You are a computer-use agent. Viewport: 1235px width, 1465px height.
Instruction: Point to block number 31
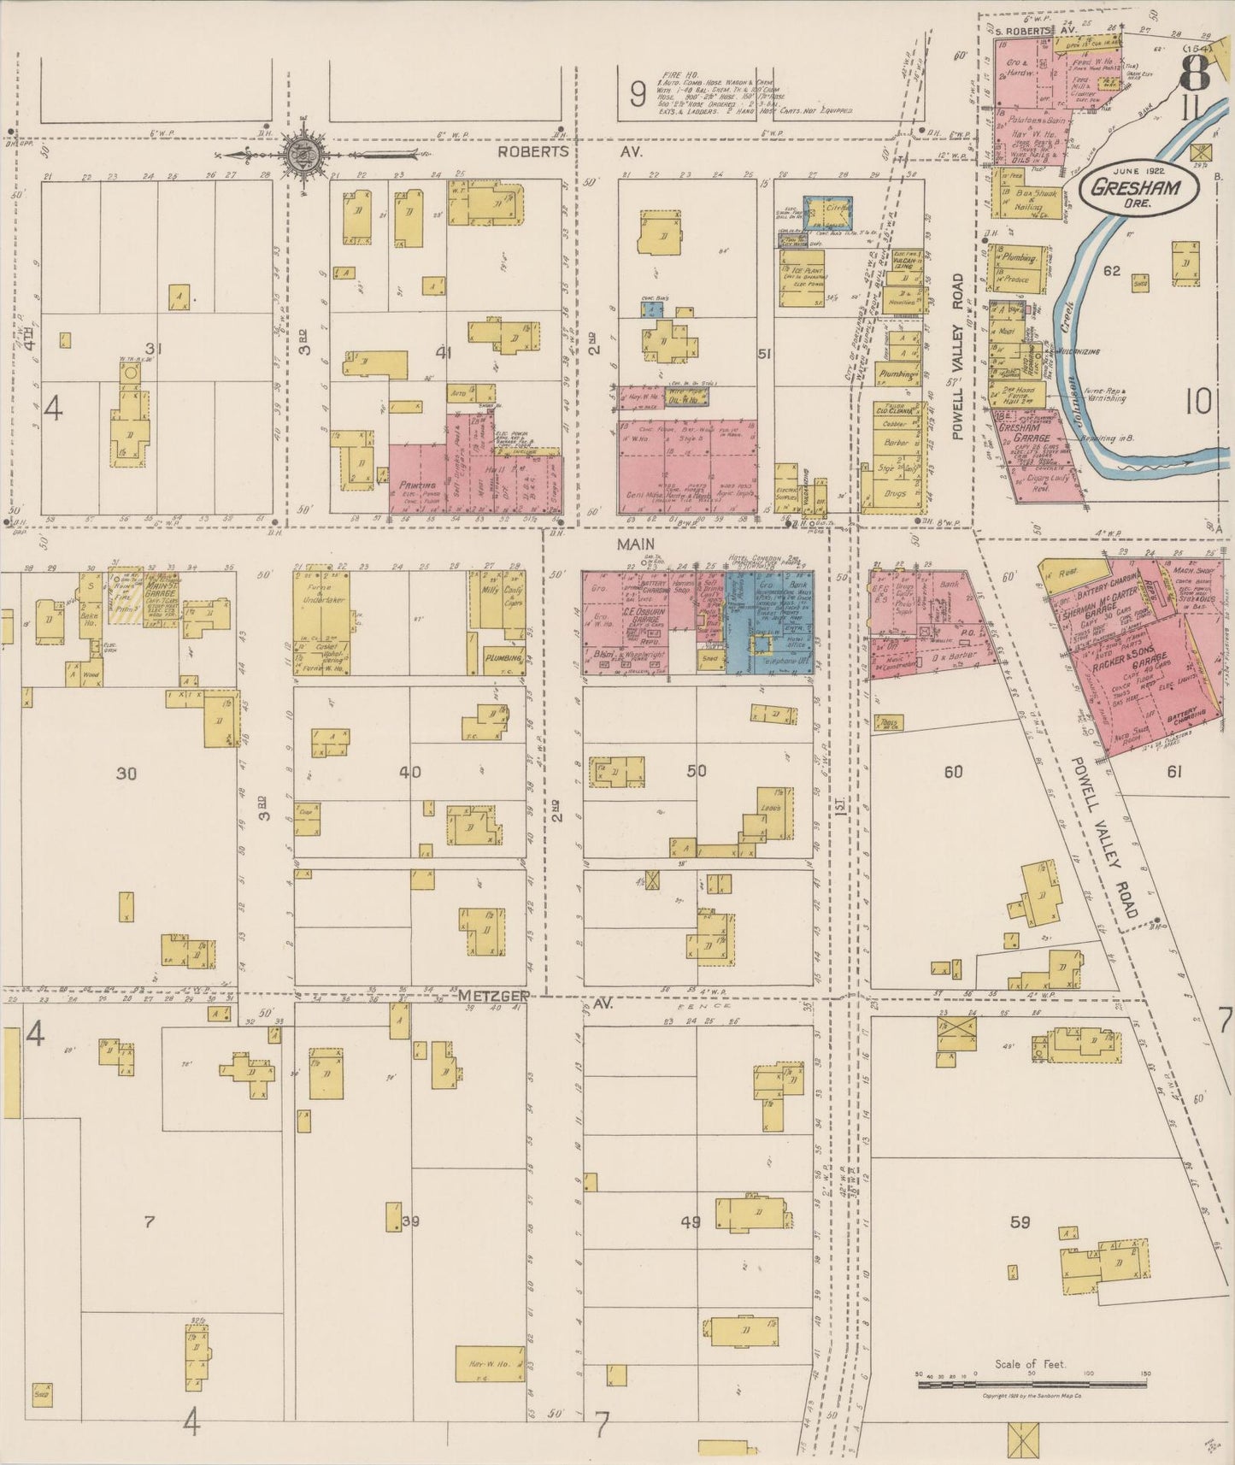pyautogui.click(x=154, y=349)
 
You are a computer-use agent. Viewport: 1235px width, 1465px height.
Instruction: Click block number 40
pyautogui.click(x=410, y=772)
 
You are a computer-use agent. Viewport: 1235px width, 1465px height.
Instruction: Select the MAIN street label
pyautogui.click(x=637, y=544)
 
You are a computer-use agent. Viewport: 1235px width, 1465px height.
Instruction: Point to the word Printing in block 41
pyautogui.click(x=417, y=485)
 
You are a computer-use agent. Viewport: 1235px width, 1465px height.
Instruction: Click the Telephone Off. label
pyautogui.click(x=769, y=661)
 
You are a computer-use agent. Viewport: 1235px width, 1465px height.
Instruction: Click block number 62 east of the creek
pyautogui.click(x=1111, y=272)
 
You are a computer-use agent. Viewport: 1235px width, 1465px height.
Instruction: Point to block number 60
pyautogui.click(x=953, y=772)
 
